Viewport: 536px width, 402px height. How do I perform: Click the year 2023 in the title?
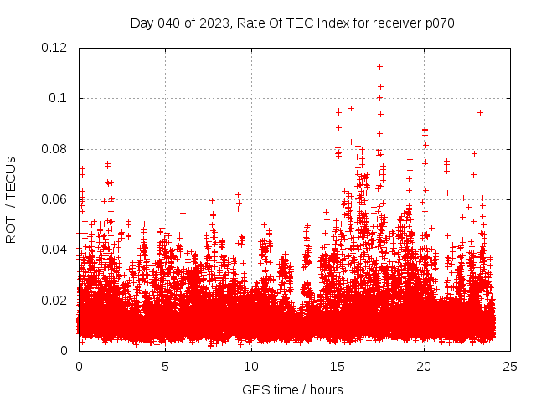(212, 23)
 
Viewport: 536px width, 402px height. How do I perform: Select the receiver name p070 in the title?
(438, 23)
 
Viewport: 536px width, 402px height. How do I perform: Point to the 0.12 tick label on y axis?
(55, 48)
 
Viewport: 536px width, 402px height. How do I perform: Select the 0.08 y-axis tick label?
(55, 149)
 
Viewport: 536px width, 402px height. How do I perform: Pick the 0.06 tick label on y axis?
(55, 199)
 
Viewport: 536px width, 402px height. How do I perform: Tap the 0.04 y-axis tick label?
(55, 250)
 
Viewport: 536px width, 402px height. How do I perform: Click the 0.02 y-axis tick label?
(55, 300)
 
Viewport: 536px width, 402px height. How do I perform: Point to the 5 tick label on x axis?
(165, 367)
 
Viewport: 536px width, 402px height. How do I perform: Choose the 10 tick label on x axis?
(251, 367)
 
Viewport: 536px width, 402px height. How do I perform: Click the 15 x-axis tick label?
(338, 367)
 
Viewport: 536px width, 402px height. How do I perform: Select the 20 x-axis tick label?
(424, 367)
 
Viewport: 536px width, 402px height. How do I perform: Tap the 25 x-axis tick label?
(510, 367)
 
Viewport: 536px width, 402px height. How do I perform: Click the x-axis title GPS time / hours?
(292, 389)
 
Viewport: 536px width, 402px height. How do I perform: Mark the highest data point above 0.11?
(379, 66)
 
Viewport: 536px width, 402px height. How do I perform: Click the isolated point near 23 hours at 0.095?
(480, 112)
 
